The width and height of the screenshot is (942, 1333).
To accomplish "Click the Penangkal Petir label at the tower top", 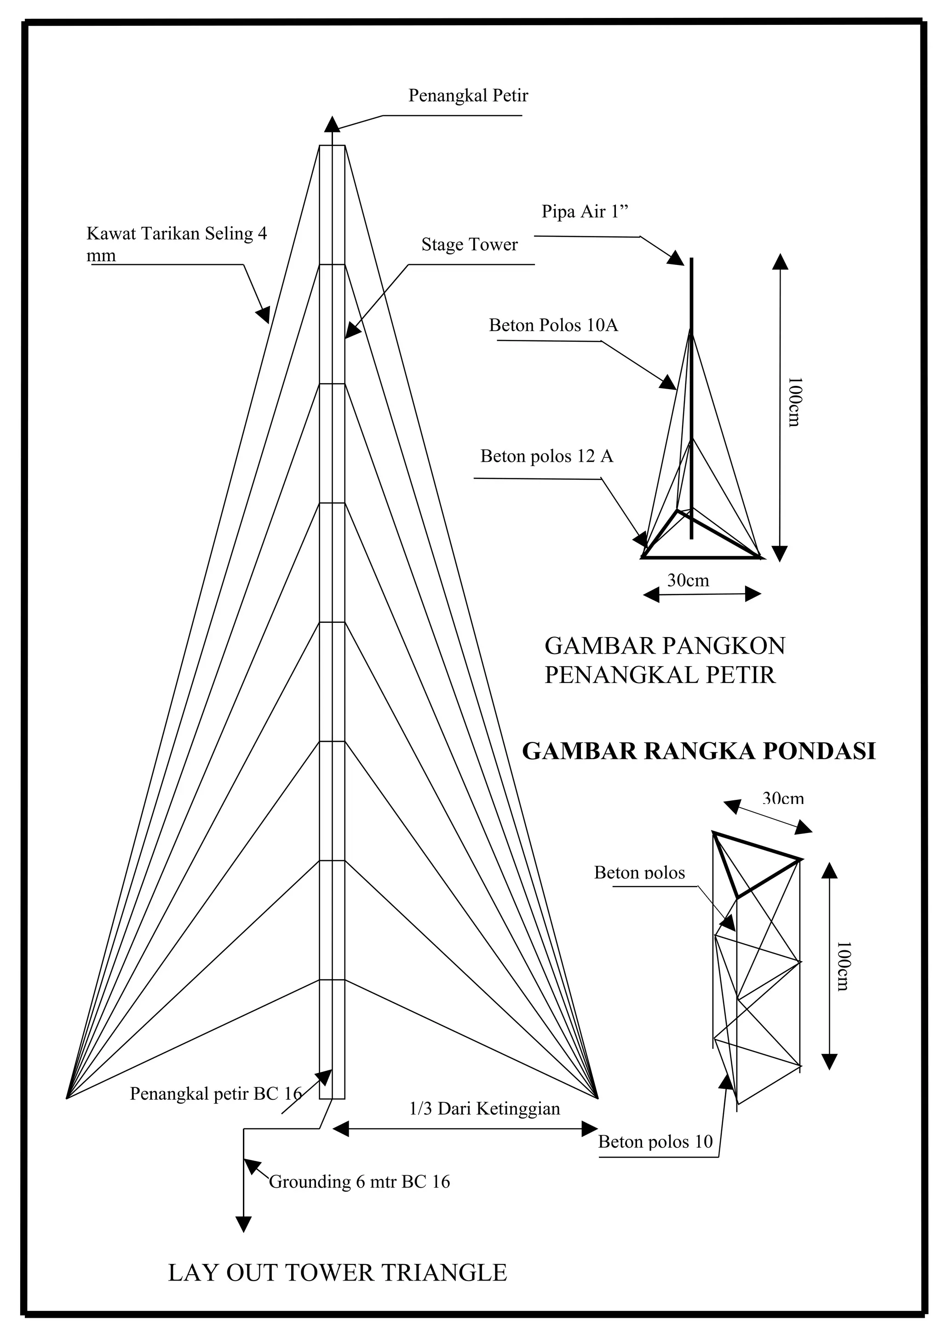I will point(468,96).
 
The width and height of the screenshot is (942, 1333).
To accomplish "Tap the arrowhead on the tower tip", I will point(332,124).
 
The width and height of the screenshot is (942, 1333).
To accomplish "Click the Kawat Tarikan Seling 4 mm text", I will point(177,234).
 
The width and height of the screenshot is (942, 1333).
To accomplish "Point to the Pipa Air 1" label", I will point(585,211).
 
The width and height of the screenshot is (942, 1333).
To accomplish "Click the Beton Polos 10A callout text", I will point(553,325).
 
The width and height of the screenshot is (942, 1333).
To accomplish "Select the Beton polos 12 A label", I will point(546,456).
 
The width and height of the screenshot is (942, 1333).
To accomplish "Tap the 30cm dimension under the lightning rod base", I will point(688,580).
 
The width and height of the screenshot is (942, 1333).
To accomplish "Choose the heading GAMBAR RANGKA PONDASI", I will point(699,751).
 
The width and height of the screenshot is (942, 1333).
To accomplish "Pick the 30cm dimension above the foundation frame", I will point(782,799).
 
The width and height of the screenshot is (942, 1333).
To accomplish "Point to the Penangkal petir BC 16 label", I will point(215,1094).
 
